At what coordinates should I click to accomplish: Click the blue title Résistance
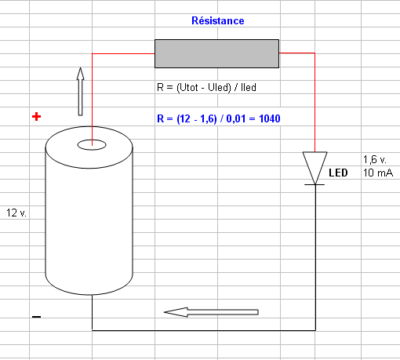[218, 20]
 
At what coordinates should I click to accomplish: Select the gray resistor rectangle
[216, 53]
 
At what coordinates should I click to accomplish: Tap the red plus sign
[36, 117]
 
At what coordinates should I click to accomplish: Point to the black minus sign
[36, 317]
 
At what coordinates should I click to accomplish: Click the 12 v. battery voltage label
[16, 213]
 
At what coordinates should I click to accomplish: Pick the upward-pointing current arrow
[81, 92]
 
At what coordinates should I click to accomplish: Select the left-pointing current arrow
[211, 312]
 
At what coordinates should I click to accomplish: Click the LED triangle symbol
[315, 167]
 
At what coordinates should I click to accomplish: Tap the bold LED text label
[338, 173]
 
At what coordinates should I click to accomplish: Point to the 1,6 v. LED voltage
[375, 159]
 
